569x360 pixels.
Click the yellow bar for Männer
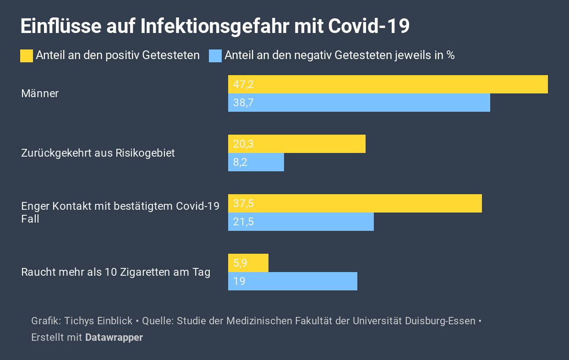point(388,84)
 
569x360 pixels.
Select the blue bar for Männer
point(359,103)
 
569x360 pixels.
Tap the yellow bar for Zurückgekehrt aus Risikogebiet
point(296,144)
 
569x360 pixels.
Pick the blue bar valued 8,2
point(256,162)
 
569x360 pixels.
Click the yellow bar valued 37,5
point(355,203)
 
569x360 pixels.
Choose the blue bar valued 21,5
point(301,222)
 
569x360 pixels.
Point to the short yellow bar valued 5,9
point(248,263)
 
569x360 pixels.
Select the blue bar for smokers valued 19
point(292,281)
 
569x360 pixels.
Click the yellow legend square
point(27,55)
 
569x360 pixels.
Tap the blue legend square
point(215,55)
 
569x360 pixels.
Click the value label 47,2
point(243,84)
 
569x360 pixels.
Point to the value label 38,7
point(243,103)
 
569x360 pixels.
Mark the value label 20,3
point(243,144)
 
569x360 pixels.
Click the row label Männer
point(40,93)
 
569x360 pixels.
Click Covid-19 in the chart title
point(369,26)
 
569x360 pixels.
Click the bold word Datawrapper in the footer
point(114,338)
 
